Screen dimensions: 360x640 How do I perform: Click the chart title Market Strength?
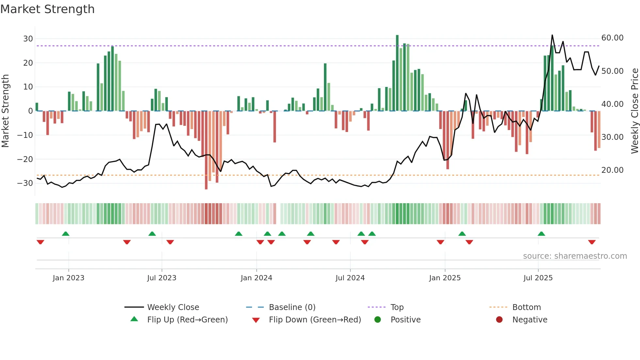click(47, 9)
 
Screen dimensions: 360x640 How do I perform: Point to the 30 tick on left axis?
click(28, 39)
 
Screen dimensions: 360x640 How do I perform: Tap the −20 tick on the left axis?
click(25, 159)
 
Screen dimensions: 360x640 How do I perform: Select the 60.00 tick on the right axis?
click(612, 38)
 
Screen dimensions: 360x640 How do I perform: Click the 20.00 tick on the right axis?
click(612, 170)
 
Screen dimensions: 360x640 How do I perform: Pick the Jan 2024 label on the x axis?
click(256, 278)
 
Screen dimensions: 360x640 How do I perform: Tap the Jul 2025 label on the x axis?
click(538, 278)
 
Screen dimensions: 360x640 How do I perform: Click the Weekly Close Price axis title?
click(634, 111)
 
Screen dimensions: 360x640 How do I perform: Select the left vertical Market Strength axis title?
click(5, 111)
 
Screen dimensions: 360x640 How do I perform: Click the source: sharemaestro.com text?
click(575, 256)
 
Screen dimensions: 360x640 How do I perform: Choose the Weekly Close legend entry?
click(173, 307)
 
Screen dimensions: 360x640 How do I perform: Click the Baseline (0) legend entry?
click(292, 307)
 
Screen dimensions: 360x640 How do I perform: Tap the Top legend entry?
click(397, 307)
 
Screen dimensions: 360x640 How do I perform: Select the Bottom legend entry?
click(526, 307)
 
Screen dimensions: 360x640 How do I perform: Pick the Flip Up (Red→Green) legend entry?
click(187, 320)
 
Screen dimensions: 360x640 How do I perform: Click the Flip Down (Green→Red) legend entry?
click(315, 320)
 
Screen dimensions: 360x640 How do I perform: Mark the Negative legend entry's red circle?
click(499, 320)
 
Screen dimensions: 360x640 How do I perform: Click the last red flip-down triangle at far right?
click(592, 242)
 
